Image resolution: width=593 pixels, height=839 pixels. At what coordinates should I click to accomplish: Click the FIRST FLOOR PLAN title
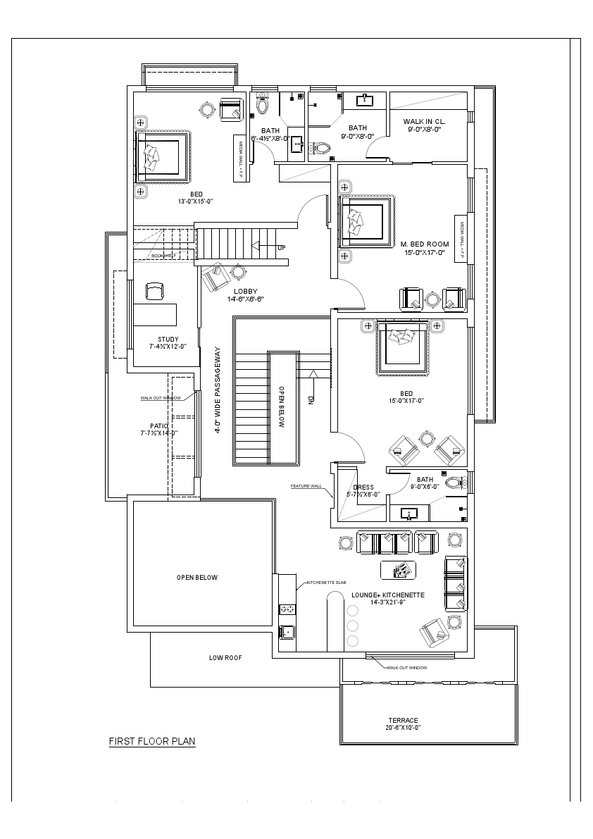pos(151,741)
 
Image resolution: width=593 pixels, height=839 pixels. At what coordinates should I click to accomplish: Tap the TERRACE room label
pos(403,721)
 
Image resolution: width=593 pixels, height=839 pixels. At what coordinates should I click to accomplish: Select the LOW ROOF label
pos(225,657)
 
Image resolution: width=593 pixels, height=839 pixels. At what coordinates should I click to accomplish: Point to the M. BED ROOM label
pos(425,244)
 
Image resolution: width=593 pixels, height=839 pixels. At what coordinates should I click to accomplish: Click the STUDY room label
pos(168,340)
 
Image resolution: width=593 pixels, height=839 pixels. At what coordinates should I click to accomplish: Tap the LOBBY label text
pos(246,291)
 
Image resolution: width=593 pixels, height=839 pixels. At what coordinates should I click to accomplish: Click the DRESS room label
pos(363,487)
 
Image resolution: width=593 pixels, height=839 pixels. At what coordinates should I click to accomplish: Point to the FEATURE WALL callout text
pos(306,486)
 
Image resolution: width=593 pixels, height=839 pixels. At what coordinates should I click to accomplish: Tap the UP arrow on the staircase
pos(281,247)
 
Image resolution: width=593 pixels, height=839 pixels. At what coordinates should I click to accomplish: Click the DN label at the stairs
pos(311,399)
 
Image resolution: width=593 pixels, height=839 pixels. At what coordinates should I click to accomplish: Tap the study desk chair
pos(154,290)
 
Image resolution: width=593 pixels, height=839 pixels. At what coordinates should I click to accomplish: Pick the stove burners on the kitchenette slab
pos(287,609)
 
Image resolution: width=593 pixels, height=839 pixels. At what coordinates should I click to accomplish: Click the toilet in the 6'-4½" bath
pos(262,106)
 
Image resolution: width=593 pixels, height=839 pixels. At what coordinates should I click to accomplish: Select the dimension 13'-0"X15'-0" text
pos(196,201)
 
